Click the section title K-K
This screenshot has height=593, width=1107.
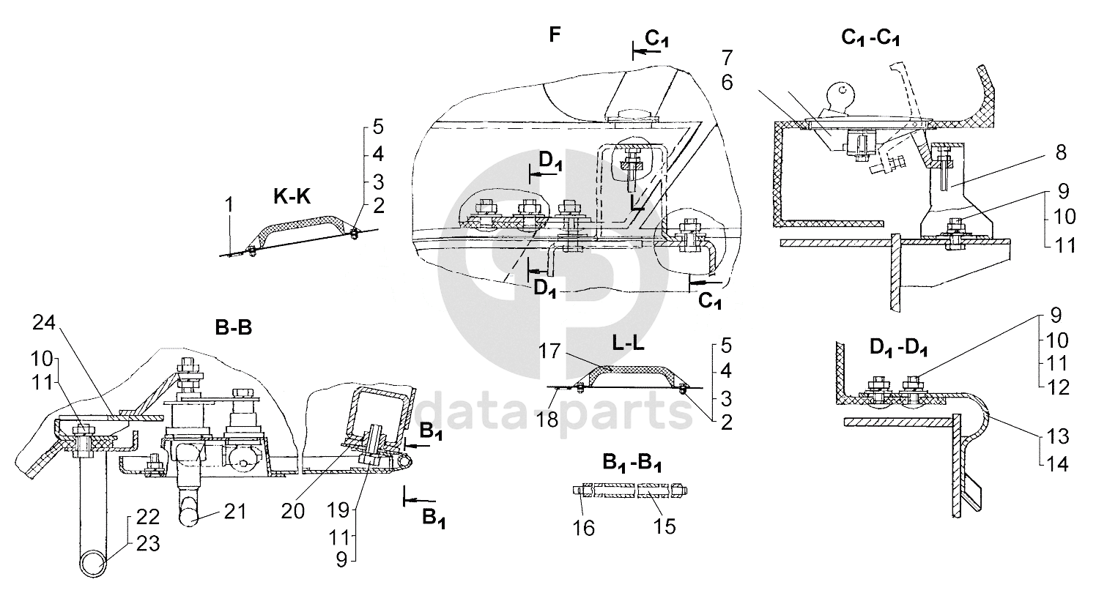(292, 196)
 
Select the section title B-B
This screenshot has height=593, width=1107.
(234, 329)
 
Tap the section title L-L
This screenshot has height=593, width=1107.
(629, 343)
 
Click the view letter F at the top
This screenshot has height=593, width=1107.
(555, 34)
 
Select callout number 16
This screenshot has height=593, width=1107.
(583, 527)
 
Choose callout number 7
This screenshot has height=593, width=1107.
(726, 56)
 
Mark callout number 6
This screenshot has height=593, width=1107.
(726, 83)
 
